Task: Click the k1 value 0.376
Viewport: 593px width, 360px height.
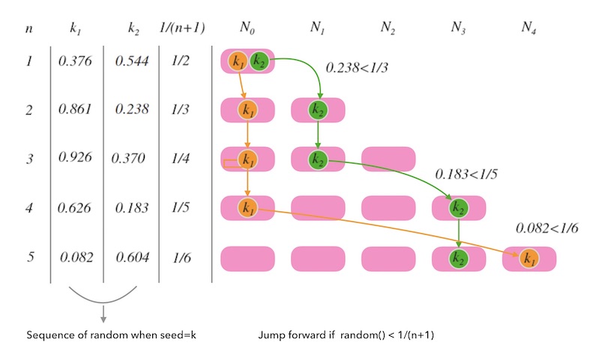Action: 75,61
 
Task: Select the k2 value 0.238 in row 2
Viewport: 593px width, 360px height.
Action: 131,109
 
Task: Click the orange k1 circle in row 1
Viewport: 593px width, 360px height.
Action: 238,61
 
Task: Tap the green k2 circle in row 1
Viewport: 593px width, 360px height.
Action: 259,61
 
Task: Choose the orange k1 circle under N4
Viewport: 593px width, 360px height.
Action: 529,259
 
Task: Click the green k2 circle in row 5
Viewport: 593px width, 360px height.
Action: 458,259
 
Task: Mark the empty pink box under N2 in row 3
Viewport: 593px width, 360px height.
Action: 388,160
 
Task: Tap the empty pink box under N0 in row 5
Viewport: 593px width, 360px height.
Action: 247,259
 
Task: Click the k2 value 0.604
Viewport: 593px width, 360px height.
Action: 133,257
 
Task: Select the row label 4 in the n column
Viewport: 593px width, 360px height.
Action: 28,208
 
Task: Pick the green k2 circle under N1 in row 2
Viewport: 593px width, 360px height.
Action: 318,110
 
